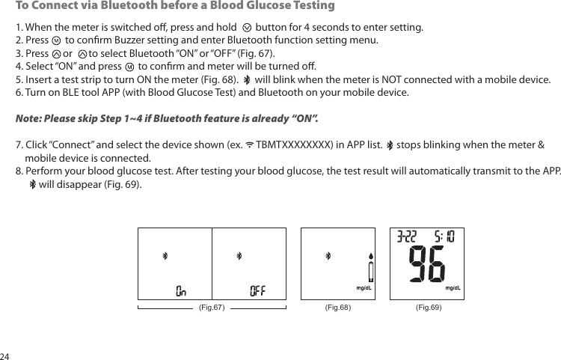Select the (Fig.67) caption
point(212,306)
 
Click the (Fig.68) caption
point(338,306)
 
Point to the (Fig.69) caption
point(429,306)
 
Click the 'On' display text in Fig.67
point(181,290)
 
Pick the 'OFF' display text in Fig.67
point(257,290)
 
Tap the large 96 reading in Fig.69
point(427,266)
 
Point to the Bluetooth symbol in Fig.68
point(327,256)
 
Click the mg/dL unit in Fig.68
point(364,287)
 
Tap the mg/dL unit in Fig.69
point(453,287)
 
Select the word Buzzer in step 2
point(141,40)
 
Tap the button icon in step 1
point(248,28)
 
